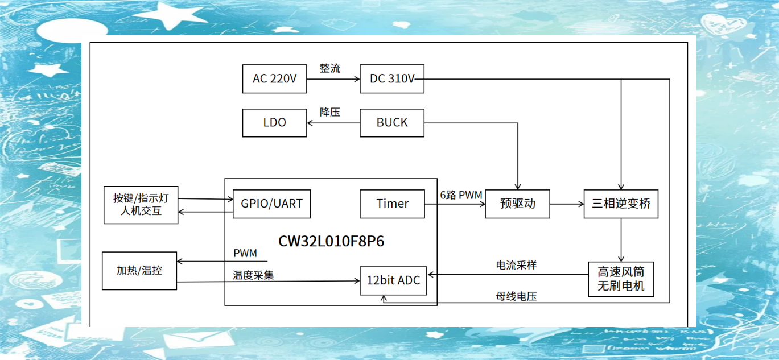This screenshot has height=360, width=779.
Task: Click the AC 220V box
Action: (x=274, y=79)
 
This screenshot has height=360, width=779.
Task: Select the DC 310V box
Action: (x=392, y=79)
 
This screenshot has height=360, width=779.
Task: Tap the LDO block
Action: (x=274, y=123)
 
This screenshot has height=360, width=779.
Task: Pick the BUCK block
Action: (x=392, y=123)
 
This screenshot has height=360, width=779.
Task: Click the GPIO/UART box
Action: (x=272, y=204)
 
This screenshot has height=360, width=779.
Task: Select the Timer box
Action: (x=392, y=204)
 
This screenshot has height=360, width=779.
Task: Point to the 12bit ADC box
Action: (x=393, y=280)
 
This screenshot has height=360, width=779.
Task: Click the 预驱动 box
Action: (x=517, y=204)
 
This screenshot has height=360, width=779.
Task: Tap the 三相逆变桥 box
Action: (x=621, y=204)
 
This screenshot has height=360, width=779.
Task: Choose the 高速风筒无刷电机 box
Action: (x=621, y=279)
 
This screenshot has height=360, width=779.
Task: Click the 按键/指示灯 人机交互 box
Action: (x=141, y=205)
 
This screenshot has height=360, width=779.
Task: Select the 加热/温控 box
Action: (x=139, y=271)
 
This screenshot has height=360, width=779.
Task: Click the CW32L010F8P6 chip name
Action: (x=331, y=241)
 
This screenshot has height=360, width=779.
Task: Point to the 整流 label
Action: (x=330, y=68)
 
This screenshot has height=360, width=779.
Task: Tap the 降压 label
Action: (x=330, y=112)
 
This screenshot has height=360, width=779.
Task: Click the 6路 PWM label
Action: (x=461, y=195)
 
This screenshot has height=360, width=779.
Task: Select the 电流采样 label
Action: (x=516, y=265)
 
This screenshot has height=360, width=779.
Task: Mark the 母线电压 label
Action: (x=516, y=296)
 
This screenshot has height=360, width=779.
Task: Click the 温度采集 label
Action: (x=253, y=275)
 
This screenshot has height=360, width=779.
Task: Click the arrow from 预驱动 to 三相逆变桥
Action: (x=567, y=204)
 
